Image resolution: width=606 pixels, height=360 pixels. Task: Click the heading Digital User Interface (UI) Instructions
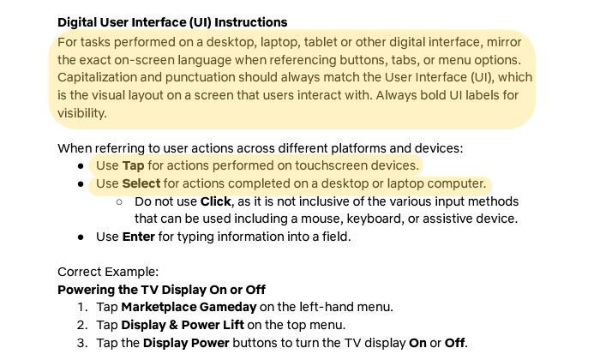pyautogui.click(x=172, y=22)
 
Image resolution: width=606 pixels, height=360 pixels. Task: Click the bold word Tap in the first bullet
pyautogui.click(x=134, y=165)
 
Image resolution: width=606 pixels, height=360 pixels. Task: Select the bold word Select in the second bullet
pyautogui.click(x=141, y=183)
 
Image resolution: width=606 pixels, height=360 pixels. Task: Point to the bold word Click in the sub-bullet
pyautogui.click(x=216, y=201)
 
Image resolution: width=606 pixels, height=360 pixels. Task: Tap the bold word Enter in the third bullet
pyautogui.click(x=139, y=237)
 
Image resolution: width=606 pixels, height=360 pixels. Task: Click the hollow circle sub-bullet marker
pyautogui.click(x=119, y=201)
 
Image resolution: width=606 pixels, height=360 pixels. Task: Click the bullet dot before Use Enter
pyautogui.click(x=81, y=237)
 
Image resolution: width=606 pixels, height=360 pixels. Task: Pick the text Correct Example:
pyautogui.click(x=108, y=272)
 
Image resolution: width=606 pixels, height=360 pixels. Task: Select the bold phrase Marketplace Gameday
pyautogui.click(x=189, y=307)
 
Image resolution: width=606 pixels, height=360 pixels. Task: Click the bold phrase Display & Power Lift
pyautogui.click(x=183, y=325)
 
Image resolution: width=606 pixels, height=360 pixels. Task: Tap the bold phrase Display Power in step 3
pyautogui.click(x=186, y=343)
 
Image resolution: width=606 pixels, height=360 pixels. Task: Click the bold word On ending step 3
pyautogui.click(x=417, y=343)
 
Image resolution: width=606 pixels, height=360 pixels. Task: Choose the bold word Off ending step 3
pyautogui.click(x=454, y=343)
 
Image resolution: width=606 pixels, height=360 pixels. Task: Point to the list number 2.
pyautogui.click(x=82, y=325)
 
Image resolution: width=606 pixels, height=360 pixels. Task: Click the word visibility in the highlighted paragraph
pyautogui.click(x=82, y=113)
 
